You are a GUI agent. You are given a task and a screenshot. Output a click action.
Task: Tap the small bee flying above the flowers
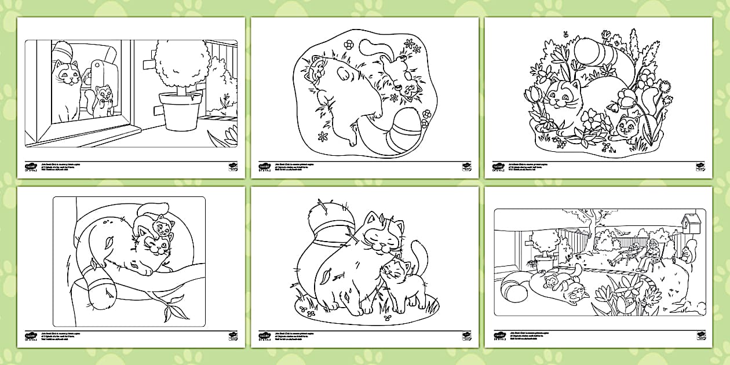(x=565, y=35)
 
